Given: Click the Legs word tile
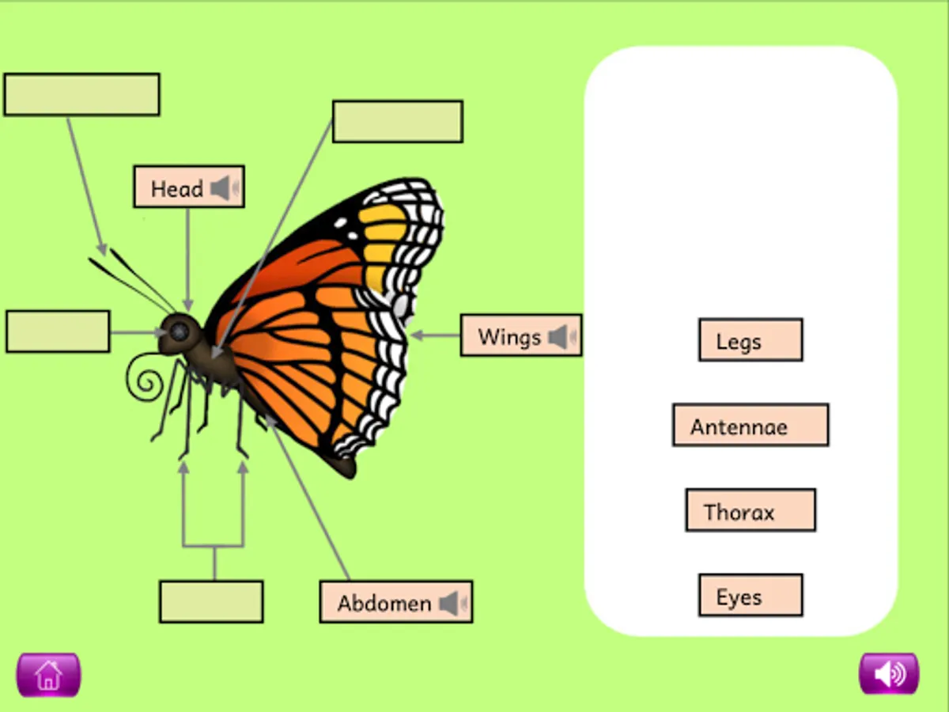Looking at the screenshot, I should click(x=751, y=340).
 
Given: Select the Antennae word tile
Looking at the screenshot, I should click(x=751, y=426).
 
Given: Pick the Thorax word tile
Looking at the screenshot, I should click(x=751, y=510).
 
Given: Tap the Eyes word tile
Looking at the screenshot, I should click(x=751, y=596).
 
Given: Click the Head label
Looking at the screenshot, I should click(x=177, y=189).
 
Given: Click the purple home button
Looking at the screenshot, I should click(x=48, y=675).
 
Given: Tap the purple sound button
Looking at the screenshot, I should click(x=889, y=674).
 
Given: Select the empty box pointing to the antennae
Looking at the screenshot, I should click(x=81, y=95).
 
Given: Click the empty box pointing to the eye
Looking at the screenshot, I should click(x=58, y=331).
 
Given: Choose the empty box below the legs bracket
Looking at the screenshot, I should click(x=211, y=601).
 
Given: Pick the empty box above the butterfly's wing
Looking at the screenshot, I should click(x=397, y=121).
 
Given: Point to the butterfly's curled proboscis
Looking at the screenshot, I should click(x=146, y=380).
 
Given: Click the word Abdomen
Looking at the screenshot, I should click(x=384, y=604).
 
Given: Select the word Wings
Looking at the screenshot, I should click(x=509, y=337).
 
